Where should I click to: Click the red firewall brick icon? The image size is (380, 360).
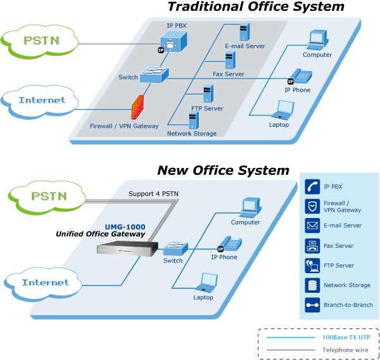[138, 108]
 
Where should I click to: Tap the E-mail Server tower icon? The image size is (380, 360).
[244, 32]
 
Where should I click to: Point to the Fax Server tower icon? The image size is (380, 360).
[231, 60]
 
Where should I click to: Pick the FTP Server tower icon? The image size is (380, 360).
[207, 94]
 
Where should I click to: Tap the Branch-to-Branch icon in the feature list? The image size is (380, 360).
[312, 305]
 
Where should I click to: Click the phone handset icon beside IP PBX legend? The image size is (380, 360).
[312, 186]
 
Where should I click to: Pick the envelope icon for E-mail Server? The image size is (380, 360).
[312, 225]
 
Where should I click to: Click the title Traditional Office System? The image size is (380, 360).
[255, 8]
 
